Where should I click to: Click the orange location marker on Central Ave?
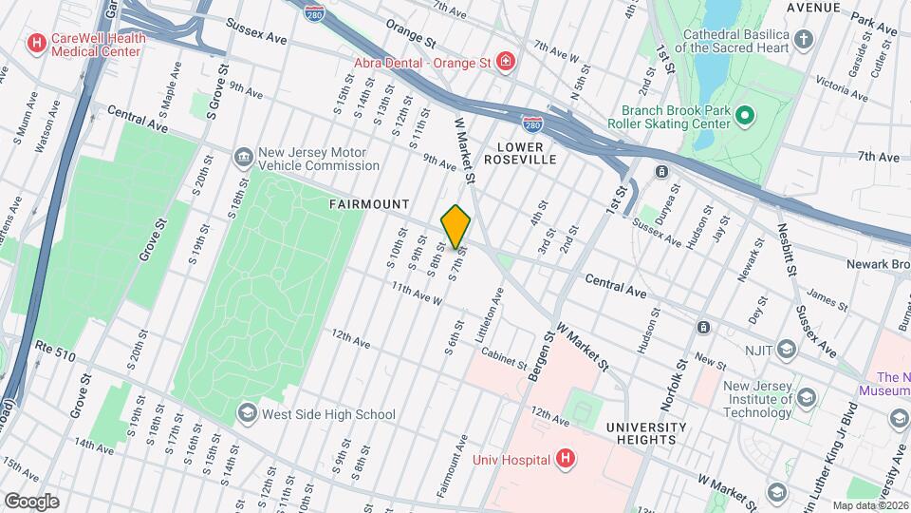coord(455,226)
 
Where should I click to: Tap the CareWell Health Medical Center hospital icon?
coord(37,43)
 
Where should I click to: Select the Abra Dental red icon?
coord(507,63)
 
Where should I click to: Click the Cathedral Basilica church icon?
coord(803,39)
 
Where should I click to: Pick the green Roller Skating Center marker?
coord(745,116)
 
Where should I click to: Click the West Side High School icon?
coord(247,413)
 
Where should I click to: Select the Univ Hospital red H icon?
coord(566,460)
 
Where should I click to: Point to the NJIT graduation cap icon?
coord(786,350)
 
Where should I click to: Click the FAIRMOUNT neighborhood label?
coord(369,204)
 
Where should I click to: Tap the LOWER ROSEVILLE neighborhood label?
coord(513,153)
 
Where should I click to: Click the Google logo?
coord(30,501)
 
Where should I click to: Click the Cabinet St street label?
coord(503,361)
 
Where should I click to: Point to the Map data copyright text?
coord(868,505)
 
